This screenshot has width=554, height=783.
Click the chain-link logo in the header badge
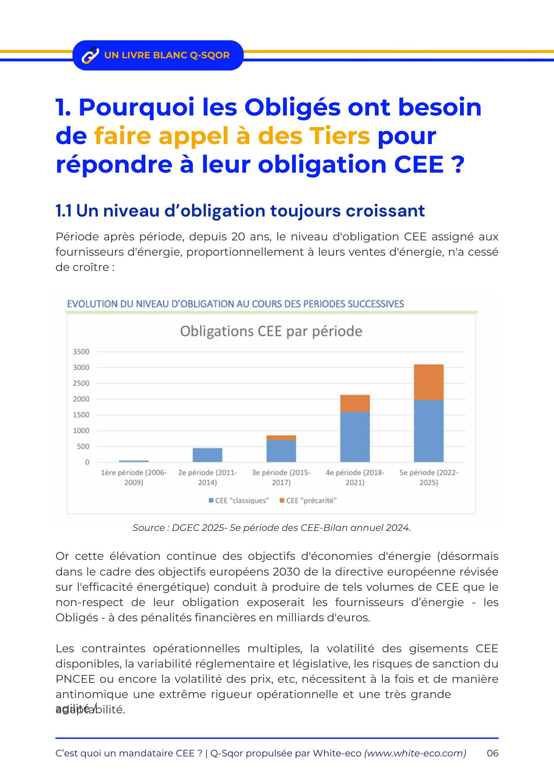[x=90, y=55]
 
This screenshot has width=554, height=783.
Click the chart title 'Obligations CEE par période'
[x=271, y=331]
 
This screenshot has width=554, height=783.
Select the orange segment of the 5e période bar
[x=429, y=382]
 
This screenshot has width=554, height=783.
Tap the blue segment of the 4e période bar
[x=355, y=437]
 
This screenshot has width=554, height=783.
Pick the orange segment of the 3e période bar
[x=281, y=438]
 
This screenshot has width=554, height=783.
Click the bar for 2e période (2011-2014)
[x=207, y=455]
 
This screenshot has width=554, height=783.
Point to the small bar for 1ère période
[x=134, y=461]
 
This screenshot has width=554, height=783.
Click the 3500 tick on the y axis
[x=81, y=352]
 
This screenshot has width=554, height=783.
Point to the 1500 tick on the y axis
[x=81, y=415]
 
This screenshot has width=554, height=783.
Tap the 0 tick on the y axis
[x=87, y=462]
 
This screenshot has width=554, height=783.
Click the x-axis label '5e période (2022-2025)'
[x=429, y=477]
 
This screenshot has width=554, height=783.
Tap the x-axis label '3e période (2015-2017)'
[x=281, y=477]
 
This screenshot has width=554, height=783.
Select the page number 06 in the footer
[x=492, y=753]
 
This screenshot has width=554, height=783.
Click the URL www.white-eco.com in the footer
[x=415, y=753]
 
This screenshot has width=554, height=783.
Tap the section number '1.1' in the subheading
[x=63, y=211]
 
